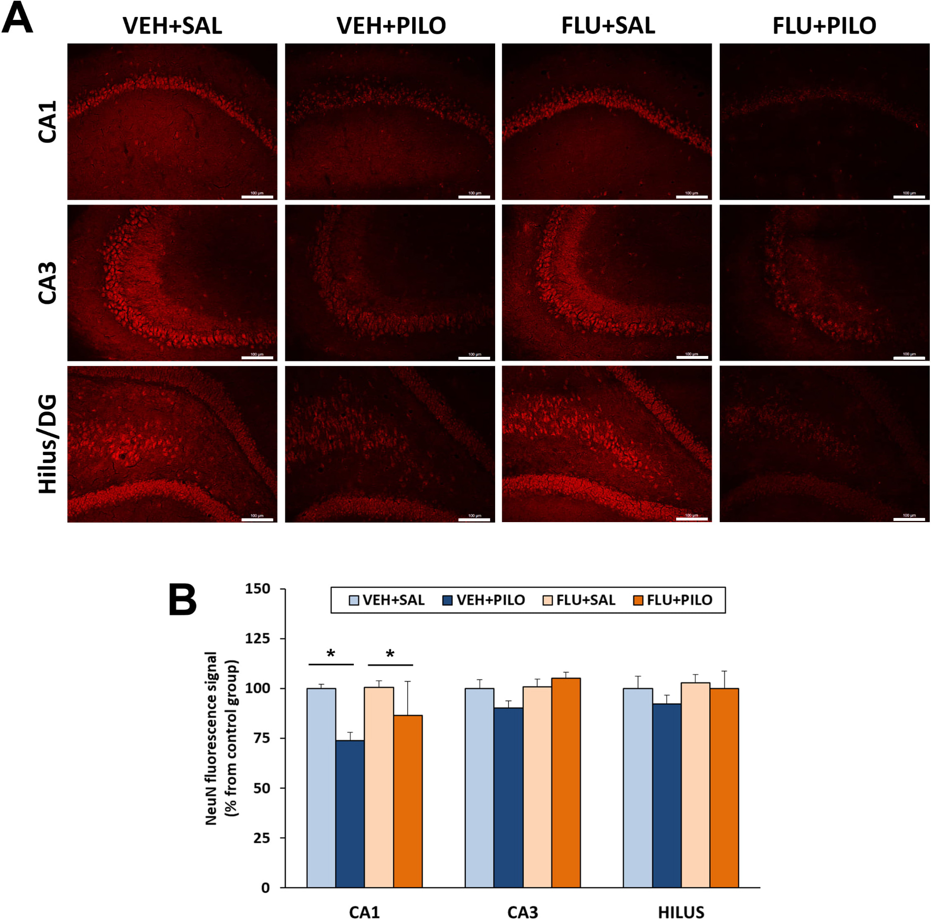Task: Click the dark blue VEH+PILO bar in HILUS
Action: point(666,795)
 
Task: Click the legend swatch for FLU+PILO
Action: point(639,600)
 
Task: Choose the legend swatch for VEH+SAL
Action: point(354,600)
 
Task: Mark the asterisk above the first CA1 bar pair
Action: point(331,654)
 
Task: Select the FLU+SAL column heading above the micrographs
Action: point(608,26)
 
